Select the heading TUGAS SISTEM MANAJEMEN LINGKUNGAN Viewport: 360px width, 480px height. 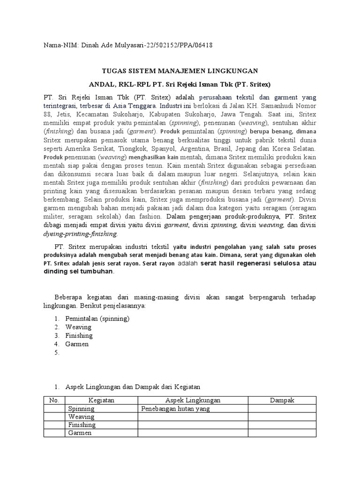[x=180, y=71]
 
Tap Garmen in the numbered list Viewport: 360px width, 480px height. [x=77, y=344]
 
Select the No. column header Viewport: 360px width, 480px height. [x=54, y=400]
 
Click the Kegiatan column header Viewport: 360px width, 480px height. [x=101, y=400]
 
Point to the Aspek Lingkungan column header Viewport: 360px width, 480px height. [x=193, y=400]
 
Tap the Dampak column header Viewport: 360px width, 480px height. [x=282, y=400]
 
